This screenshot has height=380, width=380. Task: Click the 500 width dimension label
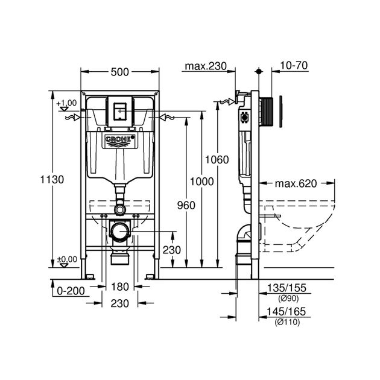click(x=120, y=72)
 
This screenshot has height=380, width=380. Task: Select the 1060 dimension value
click(x=218, y=160)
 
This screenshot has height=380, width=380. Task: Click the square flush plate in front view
click(x=119, y=110)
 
